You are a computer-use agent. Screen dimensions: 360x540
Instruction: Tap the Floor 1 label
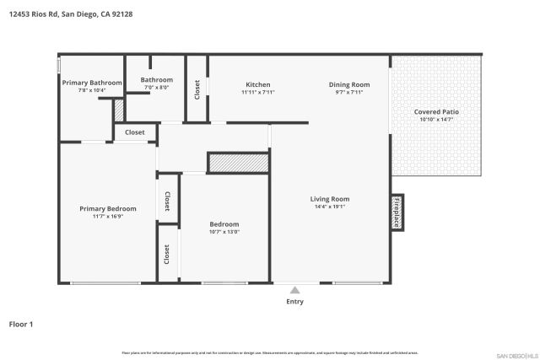pyautogui.click(x=21, y=323)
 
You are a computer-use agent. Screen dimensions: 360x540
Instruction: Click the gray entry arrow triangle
pyautogui.click(x=294, y=290)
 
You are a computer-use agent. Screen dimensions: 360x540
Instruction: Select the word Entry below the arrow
pyautogui.click(x=294, y=301)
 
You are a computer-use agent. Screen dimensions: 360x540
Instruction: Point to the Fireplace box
pyautogui.click(x=396, y=212)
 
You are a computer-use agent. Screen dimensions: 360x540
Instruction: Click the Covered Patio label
pyautogui.click(x=436, y=111)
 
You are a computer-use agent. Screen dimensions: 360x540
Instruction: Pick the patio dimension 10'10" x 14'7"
pyautogui.click(x=436, y=120)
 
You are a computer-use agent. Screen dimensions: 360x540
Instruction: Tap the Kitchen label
pyautogui.click(x=257, y=84)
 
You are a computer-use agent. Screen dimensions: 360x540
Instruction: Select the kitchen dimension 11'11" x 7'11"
pyautogui.click(x=257, y=92)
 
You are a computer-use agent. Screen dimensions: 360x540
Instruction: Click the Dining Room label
pyautogui.click(x=348, y=84)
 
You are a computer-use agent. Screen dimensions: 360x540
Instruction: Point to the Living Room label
pyautogui.click(x=329, y=199)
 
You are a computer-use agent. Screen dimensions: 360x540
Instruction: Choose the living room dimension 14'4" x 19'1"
pyautogui.click(x=329, y=207)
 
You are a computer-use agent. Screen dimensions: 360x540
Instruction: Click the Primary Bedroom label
pyautogui.click(x=107, y=208)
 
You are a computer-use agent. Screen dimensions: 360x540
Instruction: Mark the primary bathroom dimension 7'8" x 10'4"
pyautogui.click(x=91, y=90)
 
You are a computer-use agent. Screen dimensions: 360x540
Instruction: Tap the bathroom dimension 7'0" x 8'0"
pyautogui.click(x=157, y=87)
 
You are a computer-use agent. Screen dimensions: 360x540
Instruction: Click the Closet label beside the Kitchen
pyautogui.click(x=197, y=89)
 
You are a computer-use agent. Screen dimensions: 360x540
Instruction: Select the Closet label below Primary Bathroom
pyautogui.click(x=135, y=132)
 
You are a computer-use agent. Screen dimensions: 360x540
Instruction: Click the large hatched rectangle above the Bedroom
pyautogui.click(x=238, y=163)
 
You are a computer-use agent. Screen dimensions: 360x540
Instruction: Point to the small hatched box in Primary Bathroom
pyautogui.click(x=119, y=110)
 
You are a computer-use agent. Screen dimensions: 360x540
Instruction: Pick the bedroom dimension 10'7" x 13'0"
pyautogui.click(x=224, y=232)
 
